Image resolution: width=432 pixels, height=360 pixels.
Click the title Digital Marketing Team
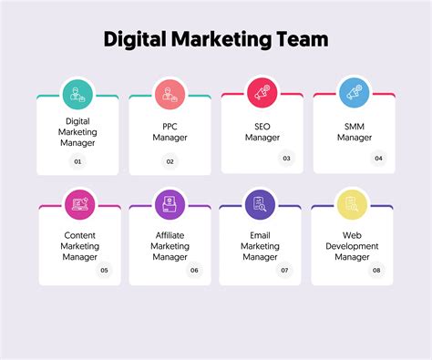coord(215,39)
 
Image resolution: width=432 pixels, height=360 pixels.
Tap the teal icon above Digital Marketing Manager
coord(77,92)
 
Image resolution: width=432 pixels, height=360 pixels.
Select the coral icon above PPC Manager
coord(170,92)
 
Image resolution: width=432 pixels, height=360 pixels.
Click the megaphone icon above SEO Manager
coord(262,92)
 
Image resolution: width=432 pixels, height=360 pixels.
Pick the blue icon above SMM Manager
coord(354,92)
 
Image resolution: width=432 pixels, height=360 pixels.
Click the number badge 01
coord(77,161)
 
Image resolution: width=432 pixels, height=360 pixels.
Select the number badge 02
coord(170,161)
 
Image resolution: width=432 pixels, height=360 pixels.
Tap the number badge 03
coord(286,158)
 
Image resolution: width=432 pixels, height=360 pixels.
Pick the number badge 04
coord(378,158)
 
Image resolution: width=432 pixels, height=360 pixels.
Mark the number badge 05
coord(104,270)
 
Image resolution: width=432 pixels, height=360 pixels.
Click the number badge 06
coord(194,270)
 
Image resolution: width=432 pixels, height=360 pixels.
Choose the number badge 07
coord(284,270)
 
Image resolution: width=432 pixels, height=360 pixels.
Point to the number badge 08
coord(375,270)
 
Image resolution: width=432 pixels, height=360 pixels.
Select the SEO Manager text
coord(262,131)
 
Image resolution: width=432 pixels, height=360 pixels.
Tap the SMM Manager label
coord(354,131)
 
